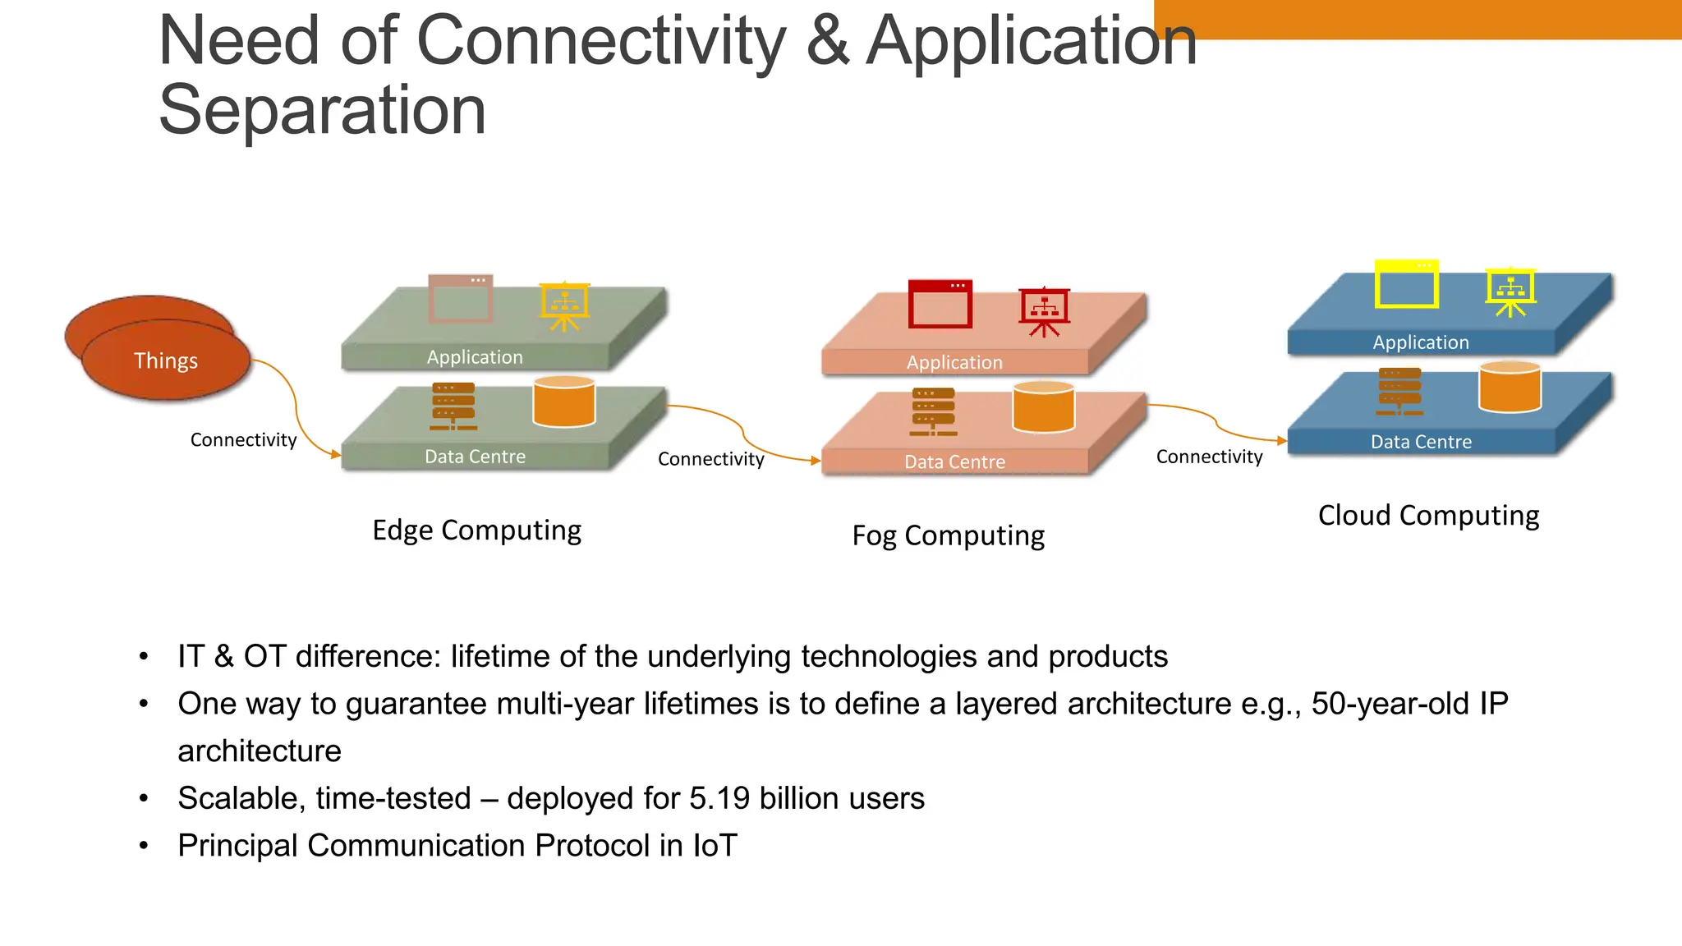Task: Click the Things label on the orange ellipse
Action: click(166, 360)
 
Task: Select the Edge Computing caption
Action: click(476, 530)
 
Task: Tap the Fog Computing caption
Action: click(948, 535)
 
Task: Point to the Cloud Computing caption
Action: click(1428, 515)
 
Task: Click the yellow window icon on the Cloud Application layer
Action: click(1407, 284)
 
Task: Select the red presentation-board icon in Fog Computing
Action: click(1044, 311)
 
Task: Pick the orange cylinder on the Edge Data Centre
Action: click(563, 402)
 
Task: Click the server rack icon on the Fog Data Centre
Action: click(933, 411)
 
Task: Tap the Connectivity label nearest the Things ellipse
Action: click(243, 440)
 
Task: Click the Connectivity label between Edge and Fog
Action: click(710, 459)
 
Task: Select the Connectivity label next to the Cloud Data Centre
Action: click(1209, 457)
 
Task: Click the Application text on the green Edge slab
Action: click(475, 357)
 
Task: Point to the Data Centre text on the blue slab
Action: click(1421, 442)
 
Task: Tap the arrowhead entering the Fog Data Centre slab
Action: click(816, 461)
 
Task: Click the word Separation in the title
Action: click(322, 110)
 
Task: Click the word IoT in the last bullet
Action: click(715, 845)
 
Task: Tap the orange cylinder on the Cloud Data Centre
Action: click(1510, 387)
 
